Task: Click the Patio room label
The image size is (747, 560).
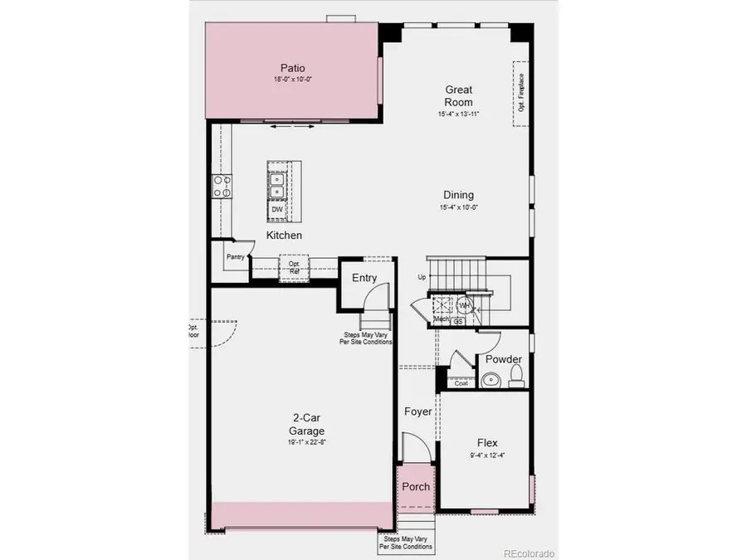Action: pos(291,68)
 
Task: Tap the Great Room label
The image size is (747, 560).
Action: pos(458,95)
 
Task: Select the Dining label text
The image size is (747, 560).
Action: pos(458,195)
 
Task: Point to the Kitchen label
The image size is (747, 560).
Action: pos(284,236)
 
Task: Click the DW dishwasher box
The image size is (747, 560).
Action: pos(277,210)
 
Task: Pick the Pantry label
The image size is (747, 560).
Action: pos(236,257)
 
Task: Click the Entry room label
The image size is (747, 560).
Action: pos(364,278)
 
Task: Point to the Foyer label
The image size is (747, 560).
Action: pos(417,411)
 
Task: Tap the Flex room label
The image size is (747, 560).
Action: pos(487,443)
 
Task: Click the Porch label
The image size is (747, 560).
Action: pos(416,486)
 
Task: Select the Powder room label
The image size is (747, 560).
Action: pos(504,359)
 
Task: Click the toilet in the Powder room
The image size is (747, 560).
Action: pos(515,378)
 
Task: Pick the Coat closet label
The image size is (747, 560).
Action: pos(461,382)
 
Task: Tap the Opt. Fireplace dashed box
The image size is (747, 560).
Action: pos(521,93)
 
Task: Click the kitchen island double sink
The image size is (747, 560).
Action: pos(276,183)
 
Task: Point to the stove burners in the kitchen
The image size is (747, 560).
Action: pos(222,187)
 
